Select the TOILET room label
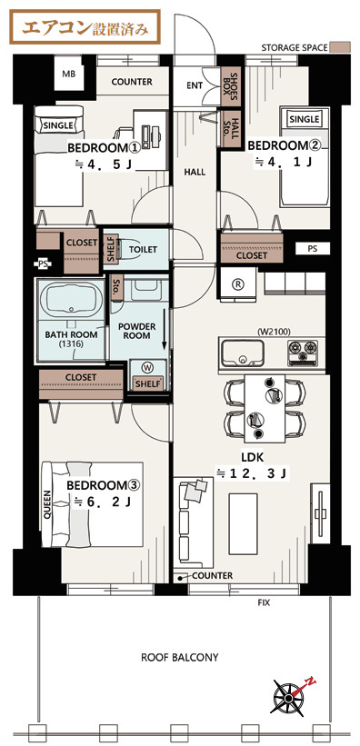143,249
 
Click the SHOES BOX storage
233,86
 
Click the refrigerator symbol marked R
237,284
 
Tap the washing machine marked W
147,367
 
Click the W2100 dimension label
273,331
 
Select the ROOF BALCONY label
180,658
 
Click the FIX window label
264,602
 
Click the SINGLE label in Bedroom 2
305,118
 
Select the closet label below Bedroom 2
252,256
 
